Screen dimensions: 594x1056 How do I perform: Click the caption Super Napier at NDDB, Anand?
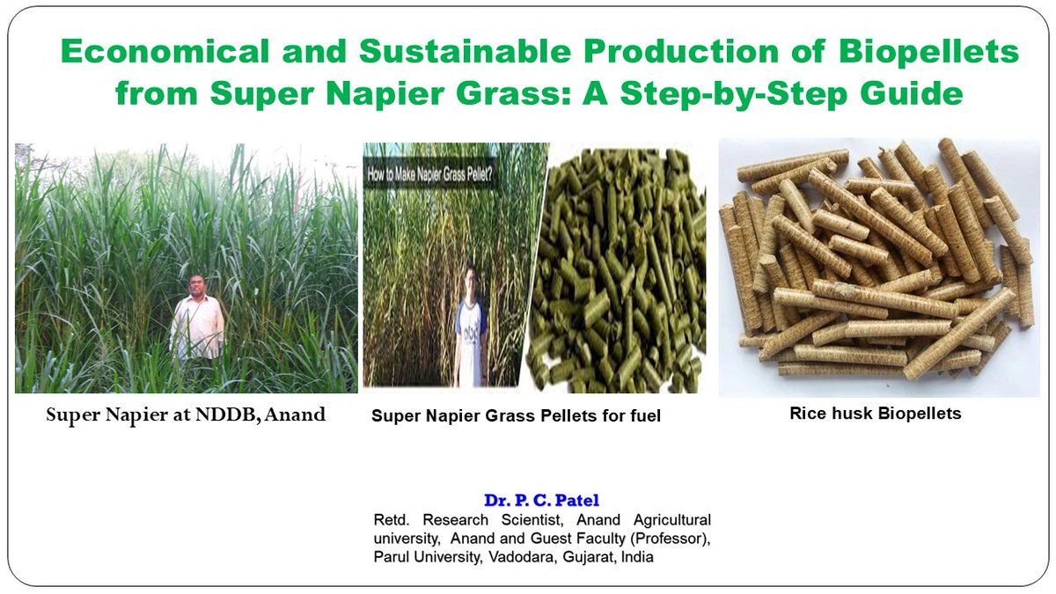186,414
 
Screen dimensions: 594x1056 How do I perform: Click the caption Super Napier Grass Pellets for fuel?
516,416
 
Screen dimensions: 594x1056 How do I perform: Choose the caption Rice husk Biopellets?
875,412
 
